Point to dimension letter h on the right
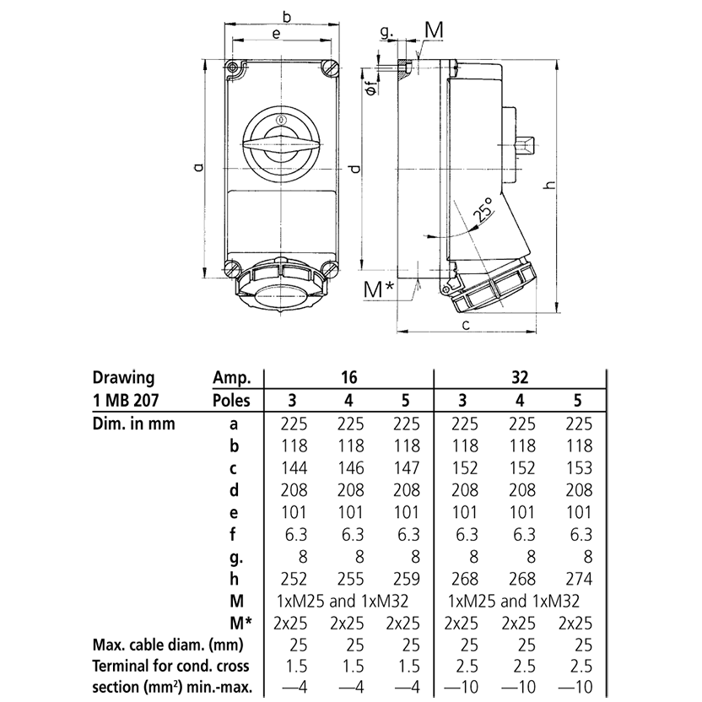(x=548, y=186)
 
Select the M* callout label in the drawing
(x=379, y=289)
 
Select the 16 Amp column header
(x=348, y=377)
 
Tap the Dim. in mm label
(x=134, y=424)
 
